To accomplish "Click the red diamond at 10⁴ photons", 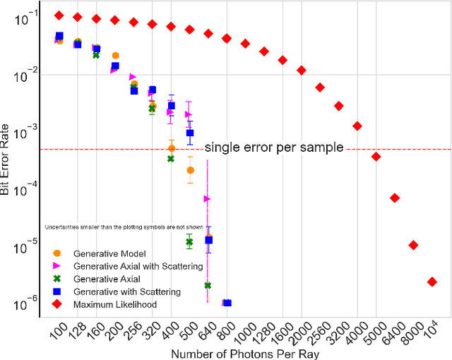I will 432,282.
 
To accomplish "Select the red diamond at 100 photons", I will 59,15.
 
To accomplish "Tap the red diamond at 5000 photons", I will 376,157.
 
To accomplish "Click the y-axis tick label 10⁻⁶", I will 27,304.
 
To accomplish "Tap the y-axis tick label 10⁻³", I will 27,133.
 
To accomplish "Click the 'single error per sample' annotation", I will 273,148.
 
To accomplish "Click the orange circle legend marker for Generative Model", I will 57,253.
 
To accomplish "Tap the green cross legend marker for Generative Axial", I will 57,279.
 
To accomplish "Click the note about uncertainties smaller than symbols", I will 124,227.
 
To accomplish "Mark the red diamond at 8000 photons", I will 414,245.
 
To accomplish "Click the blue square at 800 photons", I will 227,303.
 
